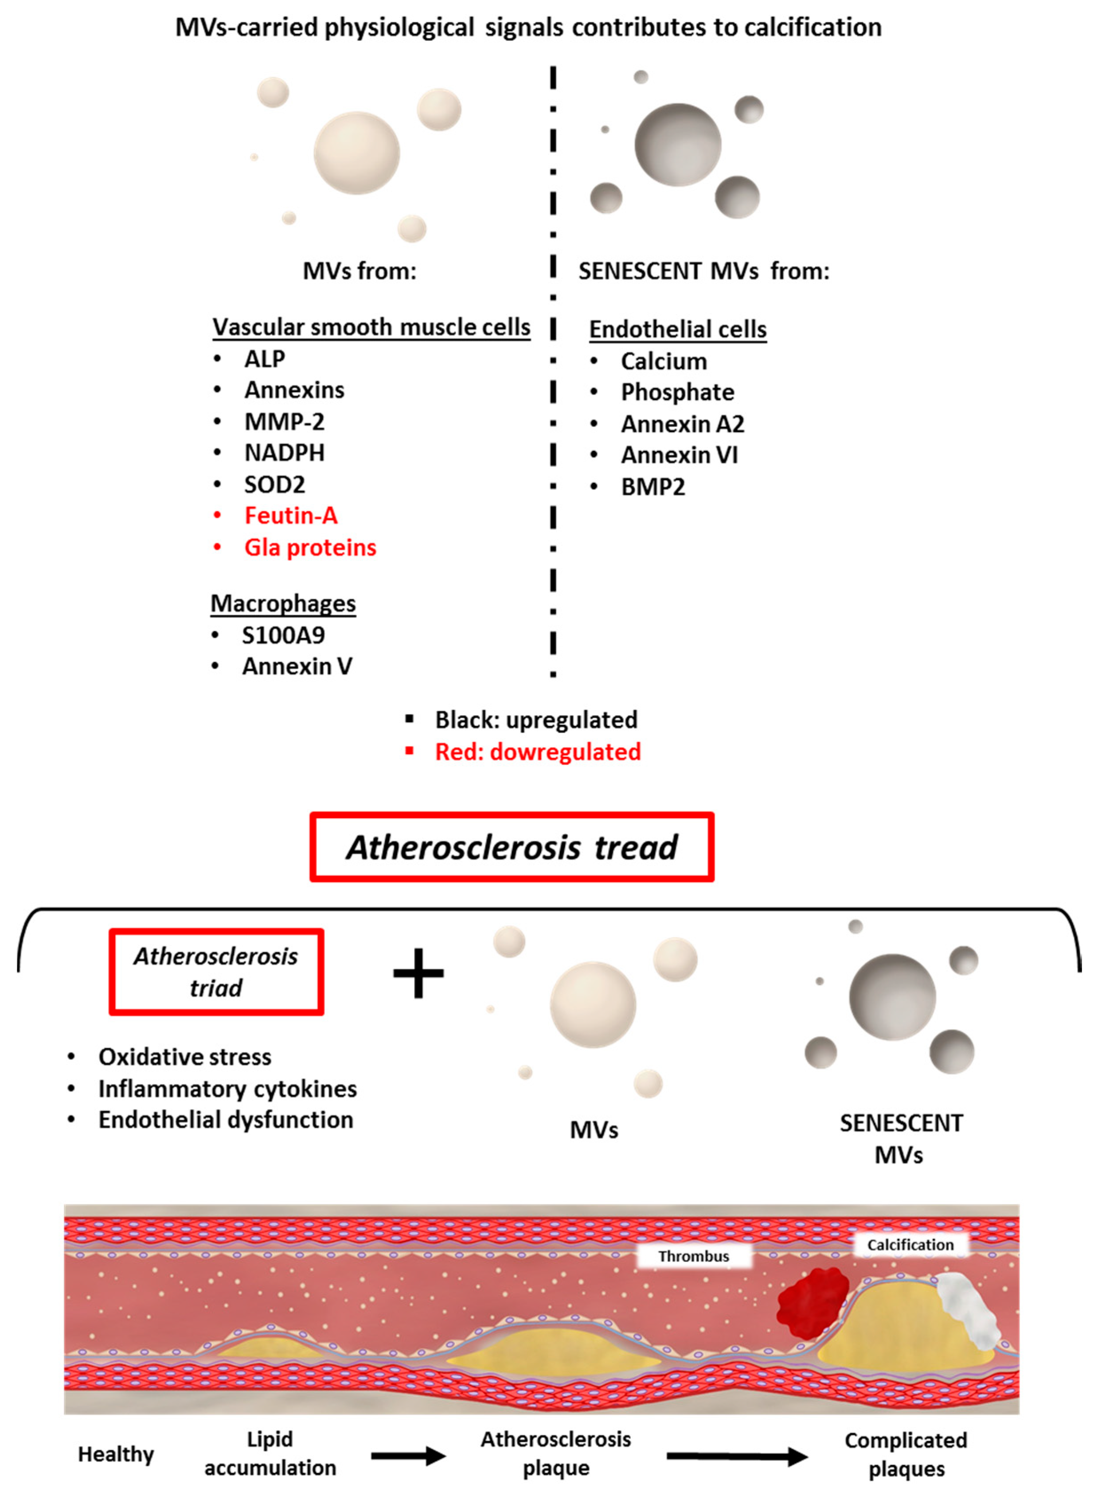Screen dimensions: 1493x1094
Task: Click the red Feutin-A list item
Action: [x=291, y=515]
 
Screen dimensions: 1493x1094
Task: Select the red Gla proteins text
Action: [x=310, y=547]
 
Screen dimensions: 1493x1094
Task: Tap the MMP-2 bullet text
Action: [x=284, y=421]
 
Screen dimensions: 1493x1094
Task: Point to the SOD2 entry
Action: [x=274, y=484]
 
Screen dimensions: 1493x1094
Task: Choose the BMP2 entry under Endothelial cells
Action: [x=652, y=487]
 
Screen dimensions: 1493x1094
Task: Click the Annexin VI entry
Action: [x=679, y=455]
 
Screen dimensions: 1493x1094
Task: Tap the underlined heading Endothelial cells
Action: [x=677, y=329]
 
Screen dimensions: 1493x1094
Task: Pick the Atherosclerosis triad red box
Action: [x=216, y=972]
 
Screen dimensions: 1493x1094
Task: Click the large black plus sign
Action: [x=418, y=973]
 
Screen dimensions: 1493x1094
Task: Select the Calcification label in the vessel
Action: [x=910, y=1245]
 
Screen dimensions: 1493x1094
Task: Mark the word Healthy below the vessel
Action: [x=116, y=1454]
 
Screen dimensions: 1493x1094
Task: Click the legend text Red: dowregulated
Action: [x=537, y=752]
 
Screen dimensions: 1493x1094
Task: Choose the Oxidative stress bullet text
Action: [x=185, y=1057]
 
